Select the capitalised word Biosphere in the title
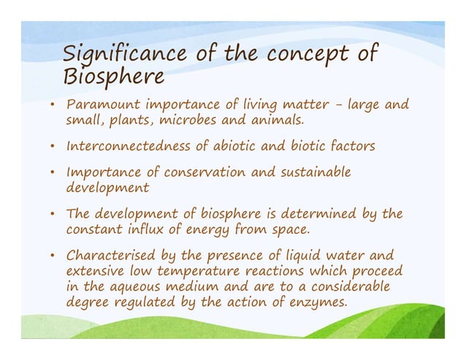coord(113,76)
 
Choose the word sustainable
coord(317,173)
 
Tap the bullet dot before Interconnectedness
coord(54,147)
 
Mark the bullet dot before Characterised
coord(54,256)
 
